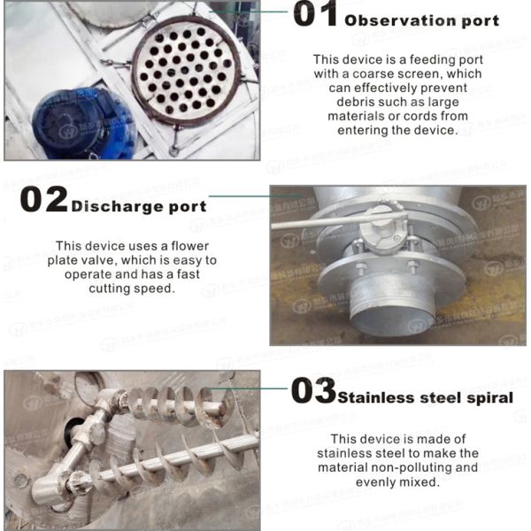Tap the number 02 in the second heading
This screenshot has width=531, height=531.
pyautogui.click(x=43, y=200)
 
